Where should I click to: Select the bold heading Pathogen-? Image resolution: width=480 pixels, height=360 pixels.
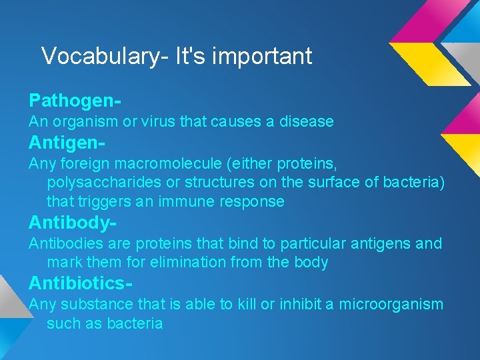(x=75, y=101)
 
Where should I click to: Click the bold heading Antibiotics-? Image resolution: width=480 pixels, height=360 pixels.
(x=80, y=283)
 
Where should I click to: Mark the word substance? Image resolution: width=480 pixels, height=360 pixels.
(x=97, y=305)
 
